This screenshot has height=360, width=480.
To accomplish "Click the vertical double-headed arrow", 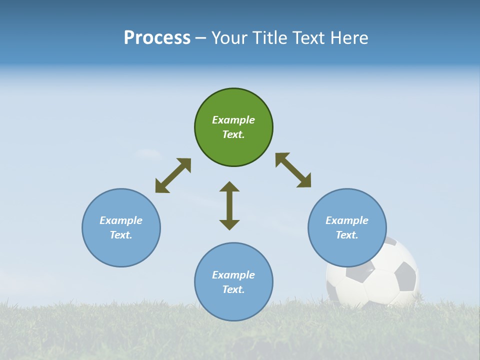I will (x=229, y=206).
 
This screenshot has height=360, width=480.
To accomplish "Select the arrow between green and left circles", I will (x=173, y=175).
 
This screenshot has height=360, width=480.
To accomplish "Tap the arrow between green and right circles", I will (x=293, y=170).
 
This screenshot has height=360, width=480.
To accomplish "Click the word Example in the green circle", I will (x=233, y=120).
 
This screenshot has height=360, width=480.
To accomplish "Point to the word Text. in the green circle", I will (x=233, y=134).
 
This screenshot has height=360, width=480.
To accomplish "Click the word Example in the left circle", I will (x=121, y=220).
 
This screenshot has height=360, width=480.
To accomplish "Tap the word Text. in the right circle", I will (x=346, y=235).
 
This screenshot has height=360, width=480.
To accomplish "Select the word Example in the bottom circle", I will (x=233, y=275).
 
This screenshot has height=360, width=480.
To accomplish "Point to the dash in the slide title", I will (x=201, y=38).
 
